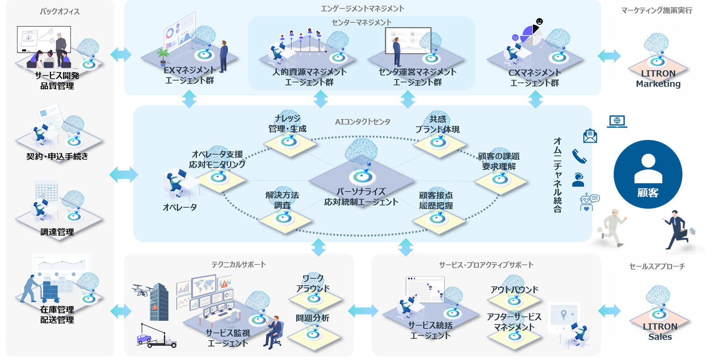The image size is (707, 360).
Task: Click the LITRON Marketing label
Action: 658,79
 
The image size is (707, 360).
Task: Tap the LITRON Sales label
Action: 660,332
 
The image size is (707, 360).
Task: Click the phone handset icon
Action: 579,156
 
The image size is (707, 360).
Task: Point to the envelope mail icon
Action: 590,136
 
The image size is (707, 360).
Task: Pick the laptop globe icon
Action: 617,121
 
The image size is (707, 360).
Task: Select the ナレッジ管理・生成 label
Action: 287,124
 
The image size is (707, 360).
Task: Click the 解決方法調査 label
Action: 282,200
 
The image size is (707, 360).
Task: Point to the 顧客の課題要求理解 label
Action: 499,161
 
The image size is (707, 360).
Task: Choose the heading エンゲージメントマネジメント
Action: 362,8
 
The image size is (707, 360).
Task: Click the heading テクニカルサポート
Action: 239,265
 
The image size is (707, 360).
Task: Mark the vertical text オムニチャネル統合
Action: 558,175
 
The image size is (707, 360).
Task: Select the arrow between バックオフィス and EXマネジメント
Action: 121,55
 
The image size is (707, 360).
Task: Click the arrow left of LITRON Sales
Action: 609,311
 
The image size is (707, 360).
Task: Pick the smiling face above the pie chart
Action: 539,21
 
